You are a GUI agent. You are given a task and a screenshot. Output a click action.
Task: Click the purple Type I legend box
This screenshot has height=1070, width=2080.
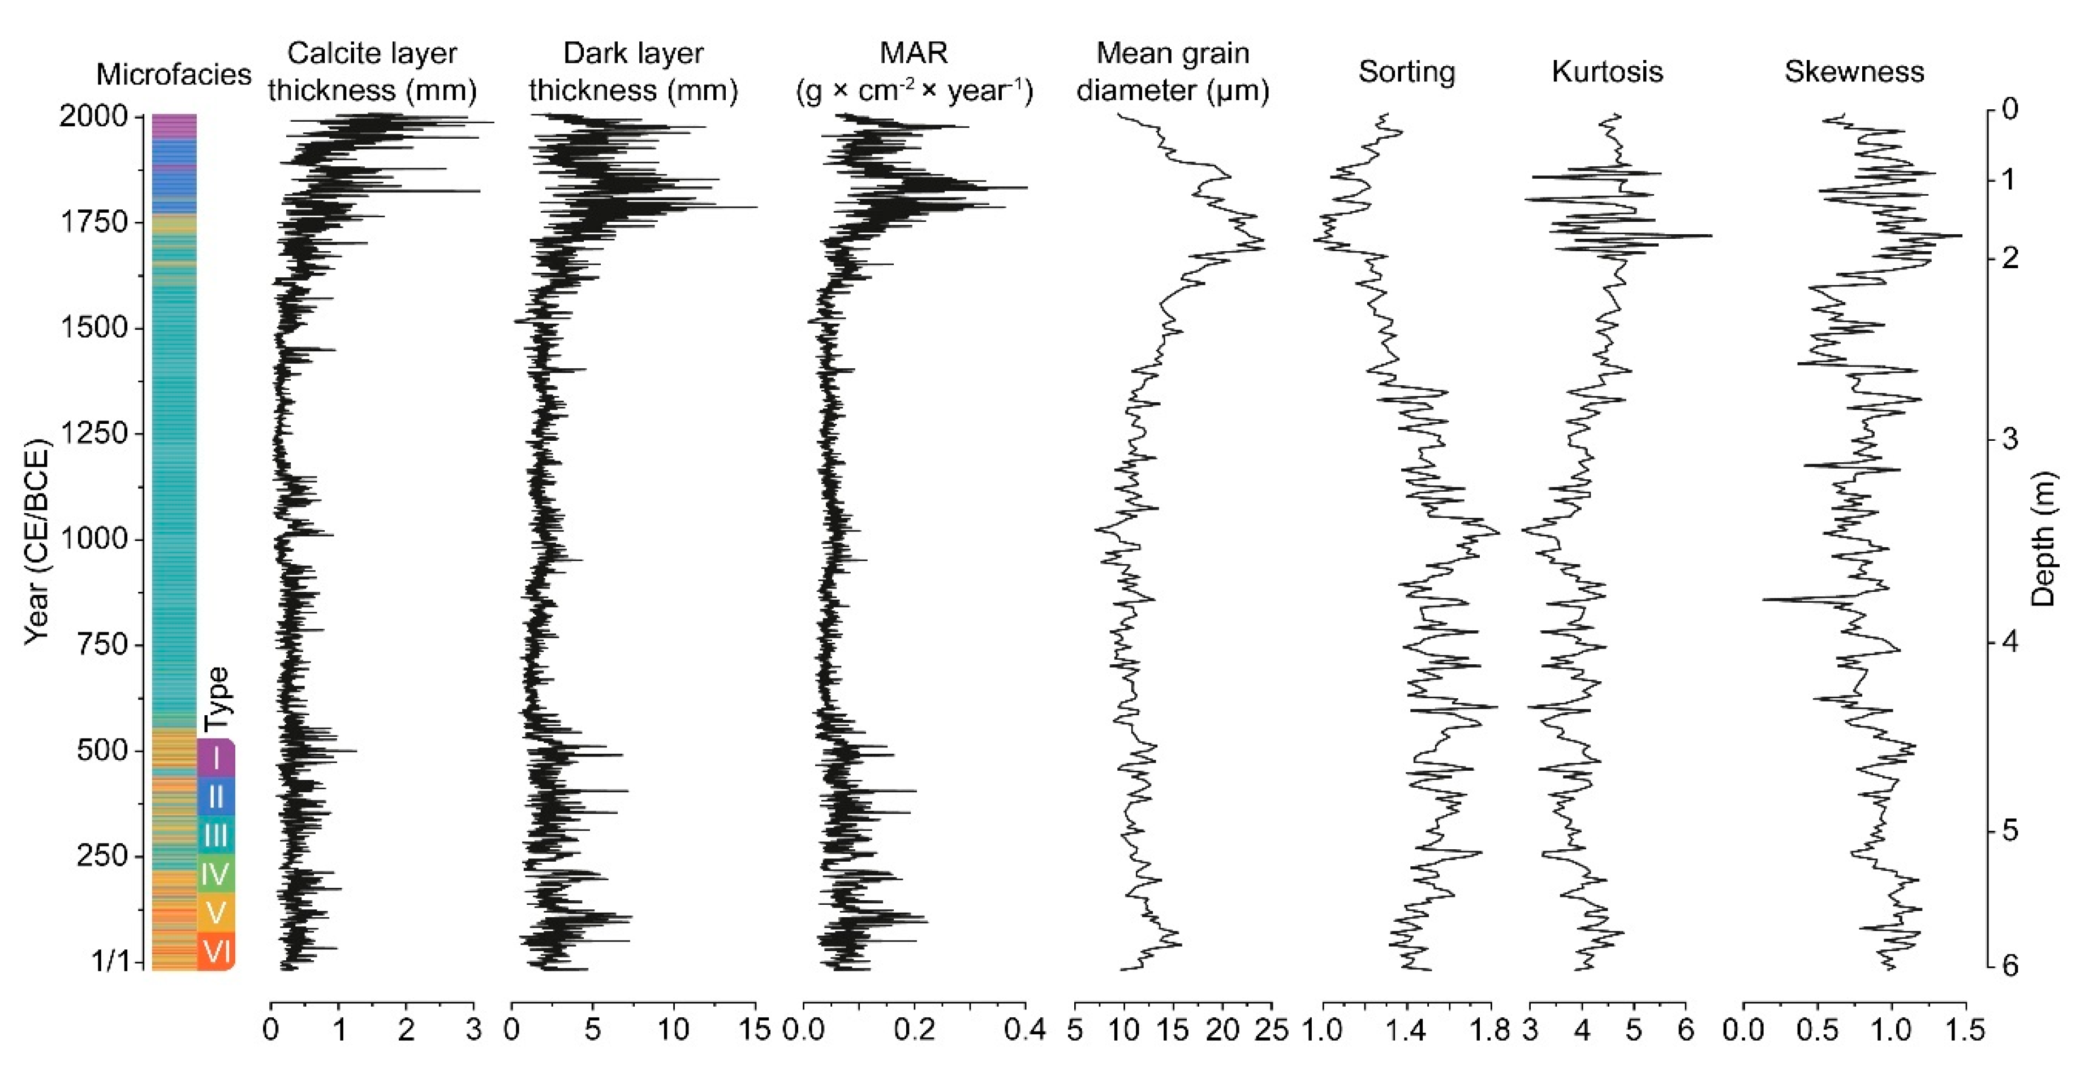[216, 758]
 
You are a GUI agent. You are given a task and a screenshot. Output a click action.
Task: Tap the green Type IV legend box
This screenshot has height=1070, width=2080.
[216, 874]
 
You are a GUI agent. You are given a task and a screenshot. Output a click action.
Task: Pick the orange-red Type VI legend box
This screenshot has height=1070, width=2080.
[216, 951]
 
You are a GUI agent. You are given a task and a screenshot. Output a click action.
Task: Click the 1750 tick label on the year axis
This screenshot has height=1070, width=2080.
[94, 222]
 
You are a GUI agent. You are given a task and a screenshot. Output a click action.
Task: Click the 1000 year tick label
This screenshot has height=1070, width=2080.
[94, 539]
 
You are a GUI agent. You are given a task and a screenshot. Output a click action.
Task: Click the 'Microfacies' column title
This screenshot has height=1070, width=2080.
[174, 74]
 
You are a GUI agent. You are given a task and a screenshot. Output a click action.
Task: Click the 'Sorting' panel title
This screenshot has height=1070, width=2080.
[1407, 72]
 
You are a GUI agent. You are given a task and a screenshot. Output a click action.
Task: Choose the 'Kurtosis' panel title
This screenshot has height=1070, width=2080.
[1607, 72]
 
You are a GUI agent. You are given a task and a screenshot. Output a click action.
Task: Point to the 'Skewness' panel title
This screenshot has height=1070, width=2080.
[1854, 72]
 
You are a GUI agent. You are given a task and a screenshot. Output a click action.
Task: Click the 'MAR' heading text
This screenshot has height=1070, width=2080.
[913, 53]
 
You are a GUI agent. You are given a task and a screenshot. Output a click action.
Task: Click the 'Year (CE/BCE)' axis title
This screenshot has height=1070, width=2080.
[36, 541]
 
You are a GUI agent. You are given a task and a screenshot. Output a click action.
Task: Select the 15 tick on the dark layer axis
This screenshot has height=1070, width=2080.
[755, 1030]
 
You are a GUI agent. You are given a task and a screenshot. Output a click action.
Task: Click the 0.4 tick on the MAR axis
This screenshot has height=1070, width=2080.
[1026, 1030]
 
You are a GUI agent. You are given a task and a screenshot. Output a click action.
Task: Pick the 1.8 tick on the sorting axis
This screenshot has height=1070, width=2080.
[1490, 1030]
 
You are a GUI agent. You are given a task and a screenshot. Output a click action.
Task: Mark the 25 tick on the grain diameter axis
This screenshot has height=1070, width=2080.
[1272, 1030]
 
